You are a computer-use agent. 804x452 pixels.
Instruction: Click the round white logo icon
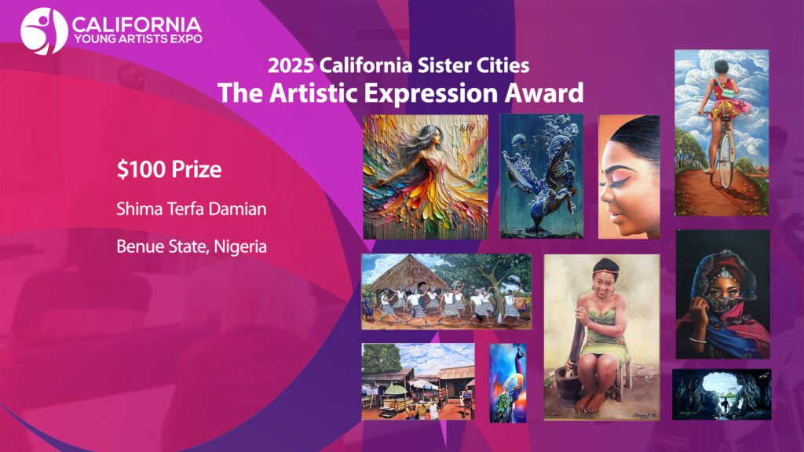[x=44, y=31]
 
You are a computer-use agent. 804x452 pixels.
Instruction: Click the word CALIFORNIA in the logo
[x=137, y=24]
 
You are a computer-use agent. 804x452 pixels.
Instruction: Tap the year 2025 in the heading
[x=290, y=66]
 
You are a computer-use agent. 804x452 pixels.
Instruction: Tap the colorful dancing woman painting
[x=426, y=177]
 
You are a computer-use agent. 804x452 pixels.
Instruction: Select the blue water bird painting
[x=542, y=177]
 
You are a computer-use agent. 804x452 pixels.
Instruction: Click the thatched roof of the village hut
[x=408, y=273]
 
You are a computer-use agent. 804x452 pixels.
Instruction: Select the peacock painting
[x=508, y=383]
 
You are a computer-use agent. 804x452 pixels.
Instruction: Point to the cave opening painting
[x=722, y=395]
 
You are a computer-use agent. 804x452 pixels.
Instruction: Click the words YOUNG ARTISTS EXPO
[x=138, y=39]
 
